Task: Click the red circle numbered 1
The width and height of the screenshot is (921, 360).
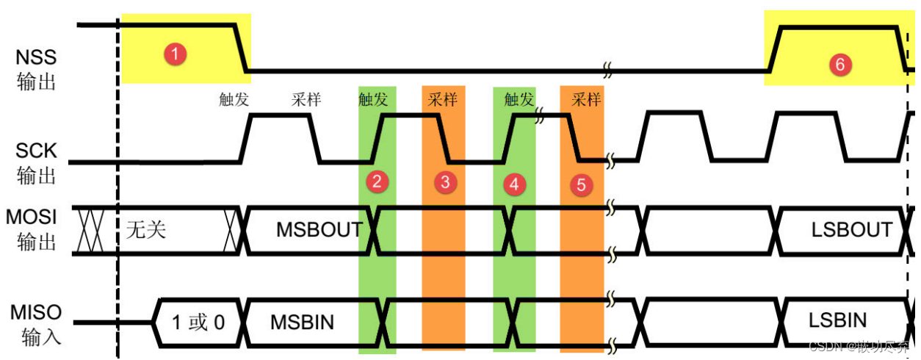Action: (x=176, y=54)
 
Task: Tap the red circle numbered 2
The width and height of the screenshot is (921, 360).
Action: (x=377, y=182)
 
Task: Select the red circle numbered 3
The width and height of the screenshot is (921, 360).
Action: (x=443, y=182)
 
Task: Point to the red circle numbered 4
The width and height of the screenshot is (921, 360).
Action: (x=513, y=184)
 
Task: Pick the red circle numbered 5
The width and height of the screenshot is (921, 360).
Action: (x=581, y=184)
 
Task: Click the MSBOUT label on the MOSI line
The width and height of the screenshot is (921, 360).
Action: (x=319, y=229)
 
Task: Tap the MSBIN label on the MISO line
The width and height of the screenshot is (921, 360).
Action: (x=302, y=322)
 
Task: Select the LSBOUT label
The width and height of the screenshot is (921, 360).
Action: (x=851, y=229)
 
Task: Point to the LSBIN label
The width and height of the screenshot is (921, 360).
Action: (x=837, y=320)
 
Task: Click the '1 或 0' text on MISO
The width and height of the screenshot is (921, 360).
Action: (x=198, y=322)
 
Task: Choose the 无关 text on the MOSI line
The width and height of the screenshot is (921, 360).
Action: (x=146, y=229)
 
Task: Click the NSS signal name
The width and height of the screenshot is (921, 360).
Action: (x=36, y=57)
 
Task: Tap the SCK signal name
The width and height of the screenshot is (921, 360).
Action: (x=36, y=151)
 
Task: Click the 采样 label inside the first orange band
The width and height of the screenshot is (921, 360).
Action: (x=443, y=99)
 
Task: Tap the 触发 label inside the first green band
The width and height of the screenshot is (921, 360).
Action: (x=373, y=99)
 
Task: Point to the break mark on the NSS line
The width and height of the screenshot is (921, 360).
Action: (x=608, y=71)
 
